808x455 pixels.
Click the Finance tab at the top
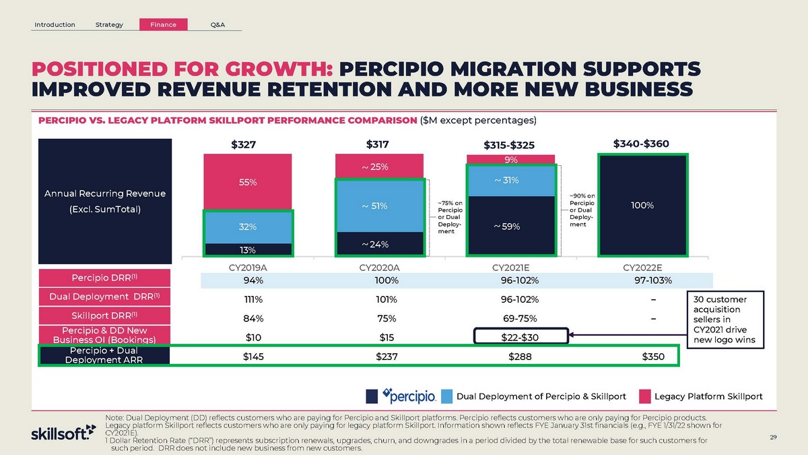click(x=163, y=25)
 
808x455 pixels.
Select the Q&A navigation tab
click(x=217, y=25)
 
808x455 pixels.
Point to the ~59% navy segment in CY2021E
click(x=511, y=226)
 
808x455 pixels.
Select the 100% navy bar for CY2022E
click(x=642, y=205)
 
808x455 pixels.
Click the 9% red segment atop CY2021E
click(x=511, y=160)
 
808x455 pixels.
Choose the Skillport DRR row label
click(x=104, y=315)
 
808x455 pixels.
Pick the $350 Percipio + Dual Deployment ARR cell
click(x=652, y=356)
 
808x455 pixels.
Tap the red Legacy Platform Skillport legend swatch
click(x=644, y=395)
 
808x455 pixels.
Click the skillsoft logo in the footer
click(x=59, y=433)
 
